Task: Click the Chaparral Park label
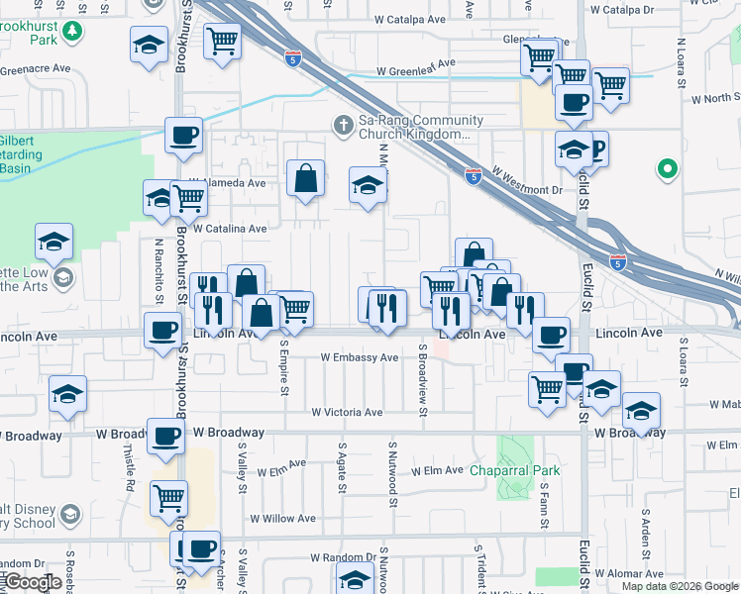[515, 470]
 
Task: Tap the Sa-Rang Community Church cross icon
[343, 125]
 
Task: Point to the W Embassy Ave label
[359, 357]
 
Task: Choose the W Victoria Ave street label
[347, 412]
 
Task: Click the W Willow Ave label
[282, 518]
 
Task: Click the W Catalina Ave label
[231, 229]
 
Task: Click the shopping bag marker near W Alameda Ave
[306, 179]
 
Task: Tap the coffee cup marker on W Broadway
[165, 436]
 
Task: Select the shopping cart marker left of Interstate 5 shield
[223, 41]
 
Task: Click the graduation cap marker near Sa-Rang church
[368, 186]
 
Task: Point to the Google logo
[32, 582]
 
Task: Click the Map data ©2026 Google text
[680, 586]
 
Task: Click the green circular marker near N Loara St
[668, 170]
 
